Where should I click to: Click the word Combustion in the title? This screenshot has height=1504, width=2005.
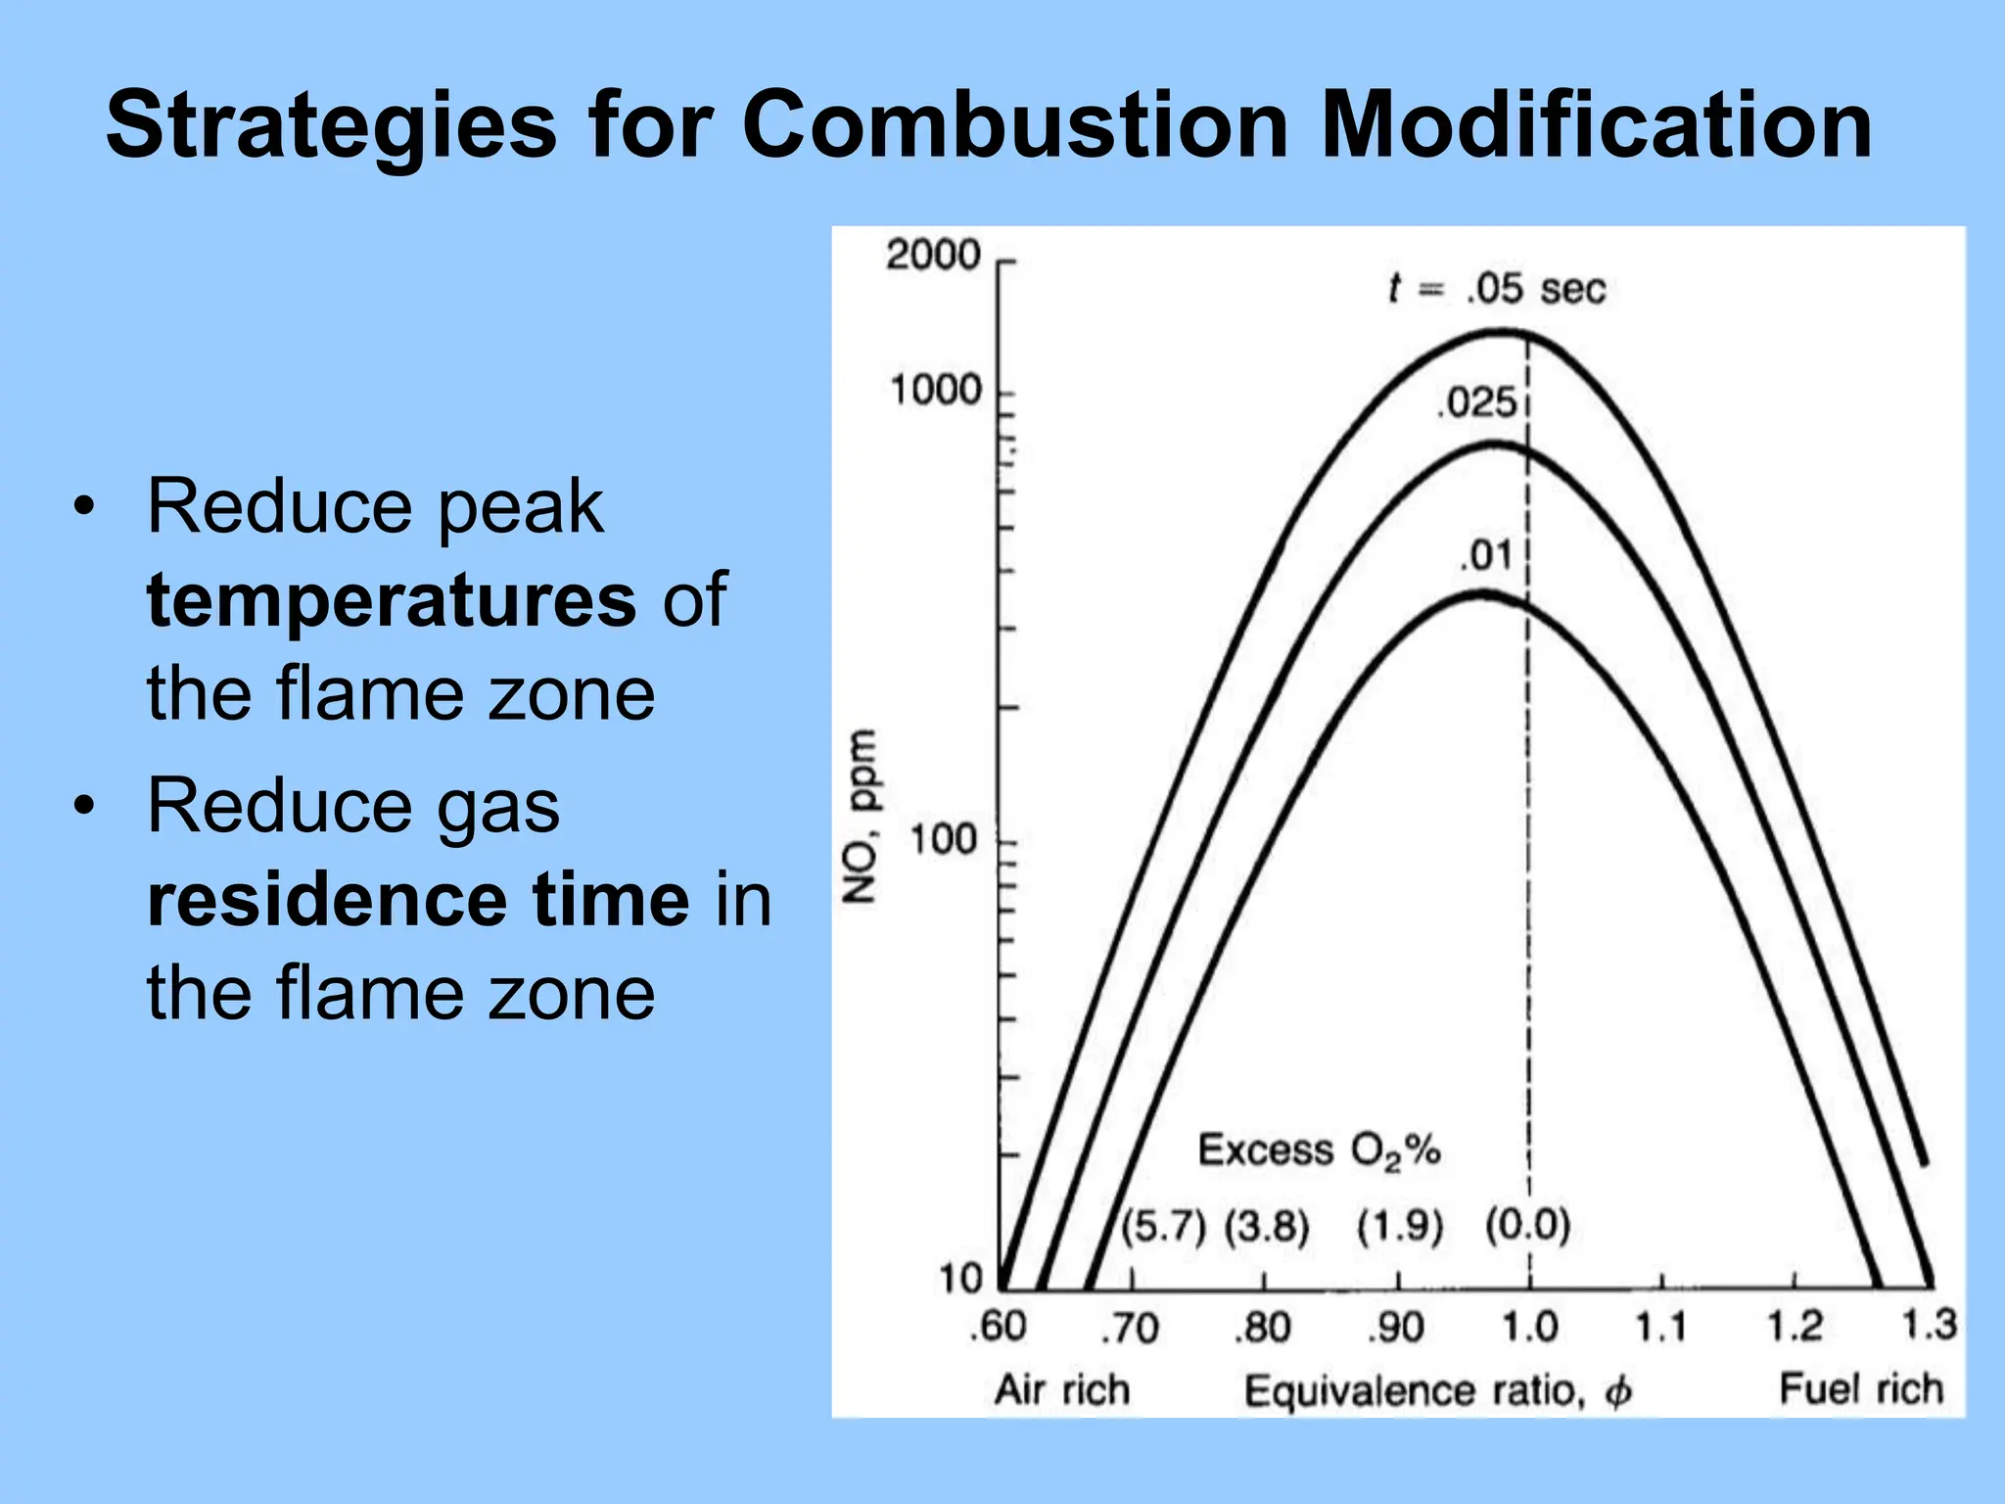[1016, 125]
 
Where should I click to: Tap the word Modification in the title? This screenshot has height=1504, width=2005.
[1596, 125]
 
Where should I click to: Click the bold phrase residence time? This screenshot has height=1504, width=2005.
[418, 899]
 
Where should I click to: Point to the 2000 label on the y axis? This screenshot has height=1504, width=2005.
[933, 256]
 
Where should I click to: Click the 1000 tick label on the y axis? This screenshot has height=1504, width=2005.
[935, 391]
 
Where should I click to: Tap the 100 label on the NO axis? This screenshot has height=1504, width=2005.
[944, 840]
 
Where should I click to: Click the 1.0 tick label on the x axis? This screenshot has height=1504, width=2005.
[1529, 1328]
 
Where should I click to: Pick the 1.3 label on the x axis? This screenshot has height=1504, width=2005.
[1928, 1325]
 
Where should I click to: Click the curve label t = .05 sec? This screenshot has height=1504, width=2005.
[1497, 289]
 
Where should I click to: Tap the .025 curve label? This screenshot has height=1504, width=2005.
[1476, 403]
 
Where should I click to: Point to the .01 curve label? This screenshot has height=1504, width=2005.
[1487, 556]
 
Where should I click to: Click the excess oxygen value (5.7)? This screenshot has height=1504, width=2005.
[1163, 1226]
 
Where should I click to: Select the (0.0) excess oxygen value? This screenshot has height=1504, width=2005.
[1527, 1225]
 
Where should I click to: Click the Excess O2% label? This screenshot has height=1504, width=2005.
[1319, 1151]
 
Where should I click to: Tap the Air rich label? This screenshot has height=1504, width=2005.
[1062, 1390]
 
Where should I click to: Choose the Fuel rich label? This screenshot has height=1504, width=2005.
[1860, 1389]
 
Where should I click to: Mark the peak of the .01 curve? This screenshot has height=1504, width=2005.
[1484, 592]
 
